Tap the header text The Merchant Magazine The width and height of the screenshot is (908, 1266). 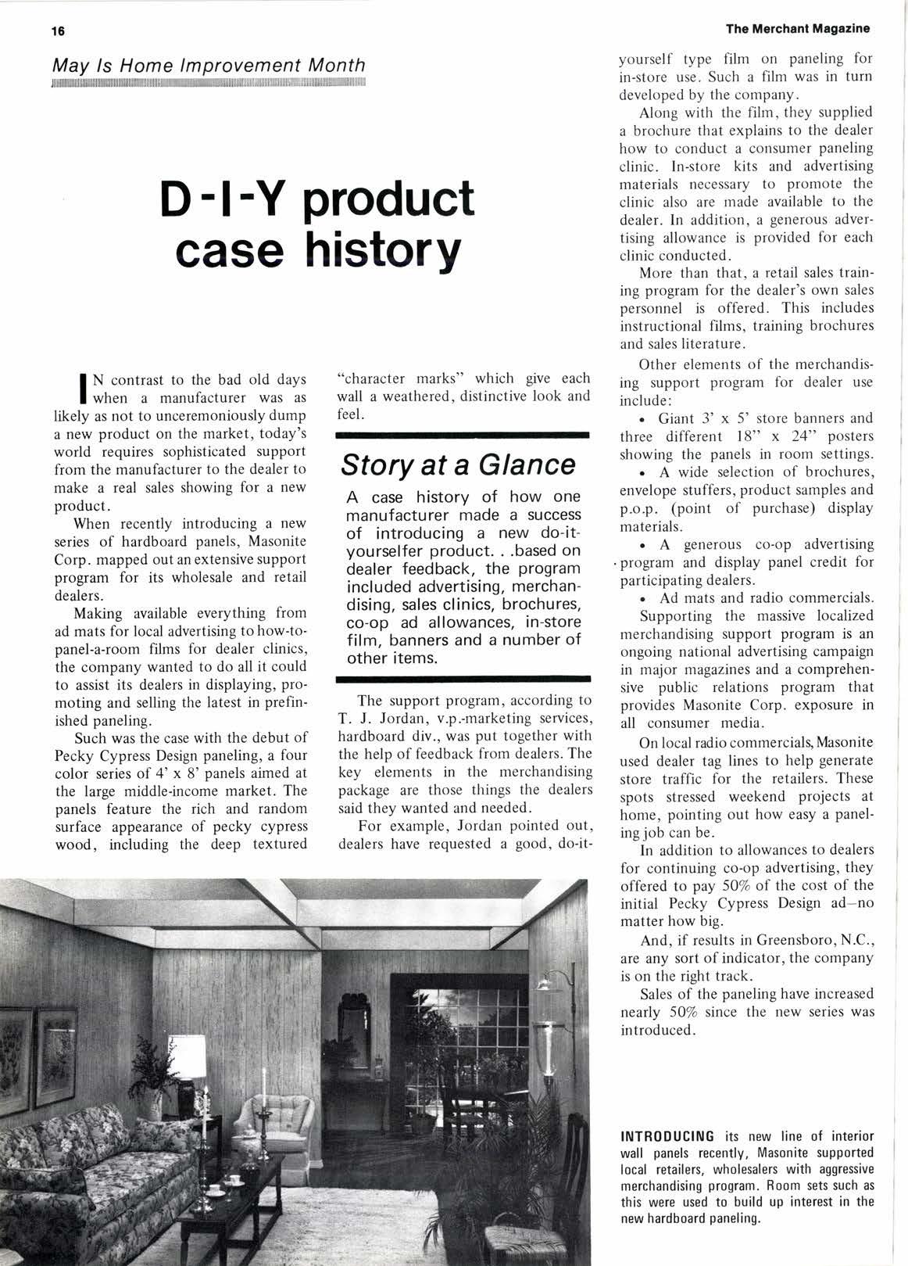click(x=797, y=29)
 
